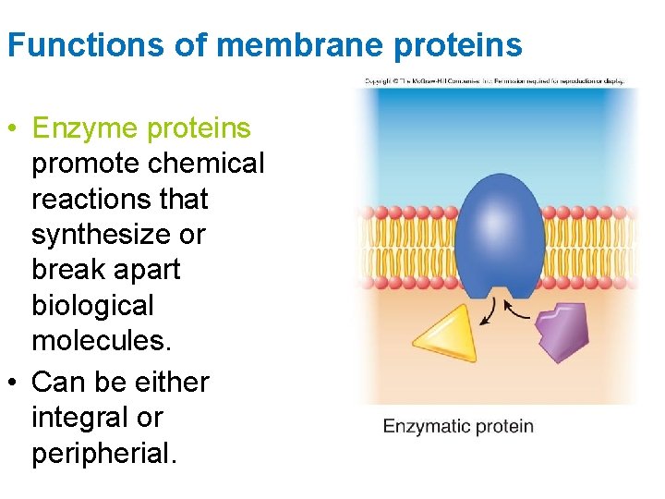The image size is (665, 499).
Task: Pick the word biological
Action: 92,305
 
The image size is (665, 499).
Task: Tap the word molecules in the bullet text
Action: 100,340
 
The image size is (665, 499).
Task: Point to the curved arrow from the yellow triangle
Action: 487,312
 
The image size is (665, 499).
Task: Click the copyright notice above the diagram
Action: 494,81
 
